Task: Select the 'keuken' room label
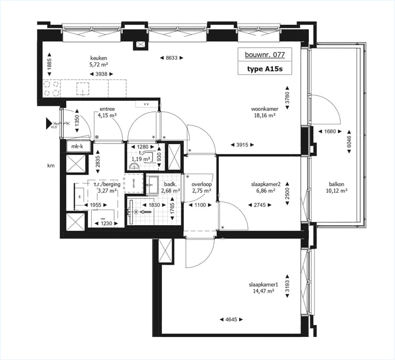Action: [x=98, y=58]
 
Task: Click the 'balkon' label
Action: [x=337, y=185]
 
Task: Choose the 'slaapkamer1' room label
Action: [x=264, y=284]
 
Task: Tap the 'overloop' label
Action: [x=201, y=185]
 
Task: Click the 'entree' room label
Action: [x=107, y=109]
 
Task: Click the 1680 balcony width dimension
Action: [x=330, y=132]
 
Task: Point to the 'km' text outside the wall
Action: [x=51, y=165]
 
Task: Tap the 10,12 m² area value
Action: [x=337, y=192]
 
